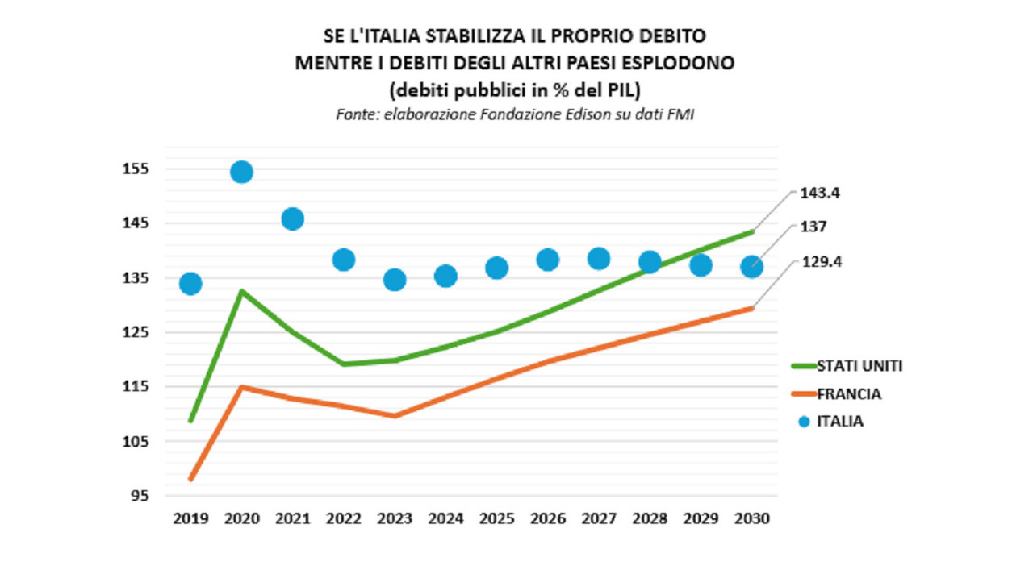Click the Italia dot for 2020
click(x=241, y=172)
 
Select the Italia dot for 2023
click(x=395, y=280)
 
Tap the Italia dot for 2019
click(x=190, y=283)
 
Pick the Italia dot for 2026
click(x=548, y=260)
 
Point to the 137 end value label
click(x=813, y=227)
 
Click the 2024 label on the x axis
click(x=445, y=518)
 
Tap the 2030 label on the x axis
click(x=752, y=518)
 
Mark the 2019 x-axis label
click(x=190, y=518)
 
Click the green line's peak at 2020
click(x=241, y=291)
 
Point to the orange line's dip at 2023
click(x=395, y=416)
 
